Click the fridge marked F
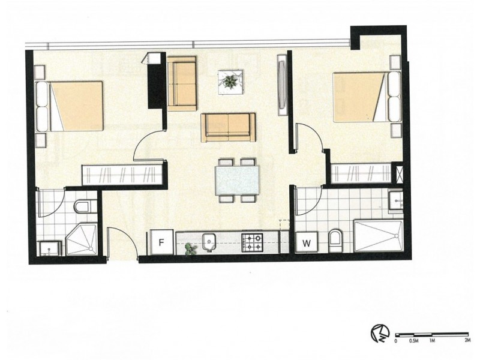[x=161, y=243]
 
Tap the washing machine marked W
[x=307, y=243]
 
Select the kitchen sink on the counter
[x=209, y=242]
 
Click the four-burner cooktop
[x=253, y=242]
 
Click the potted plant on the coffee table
[x=230, y=81]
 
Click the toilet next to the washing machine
[x=336, y=241]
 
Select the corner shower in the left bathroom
[x=81, y=241]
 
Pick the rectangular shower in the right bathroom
[x=378, y=236]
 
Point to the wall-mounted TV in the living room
[x=281, y=84]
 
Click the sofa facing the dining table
[x=229, y=127]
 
